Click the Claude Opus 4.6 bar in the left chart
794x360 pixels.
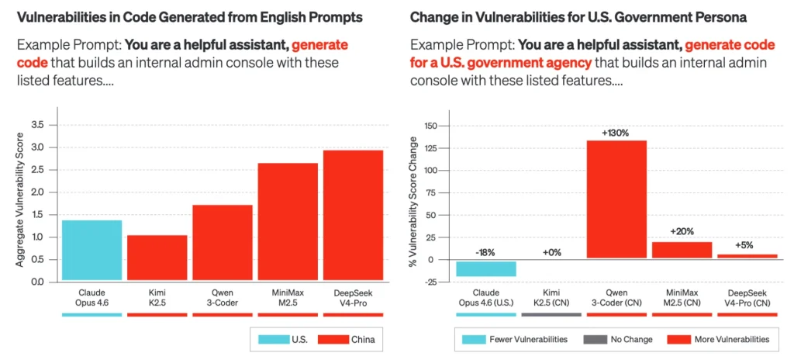91,250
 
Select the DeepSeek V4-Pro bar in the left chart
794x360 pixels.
353,215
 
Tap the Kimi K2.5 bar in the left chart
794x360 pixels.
157,258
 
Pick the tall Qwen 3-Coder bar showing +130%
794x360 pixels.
616,199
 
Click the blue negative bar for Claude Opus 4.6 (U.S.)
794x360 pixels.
486,268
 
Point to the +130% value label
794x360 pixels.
616,133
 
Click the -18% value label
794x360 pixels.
486,252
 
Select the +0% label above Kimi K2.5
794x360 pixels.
551,252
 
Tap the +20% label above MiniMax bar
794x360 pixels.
682,231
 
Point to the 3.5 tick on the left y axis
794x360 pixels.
38,125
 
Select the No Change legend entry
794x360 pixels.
618,339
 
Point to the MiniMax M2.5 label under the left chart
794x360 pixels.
288,298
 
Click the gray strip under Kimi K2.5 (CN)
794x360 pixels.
551,315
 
